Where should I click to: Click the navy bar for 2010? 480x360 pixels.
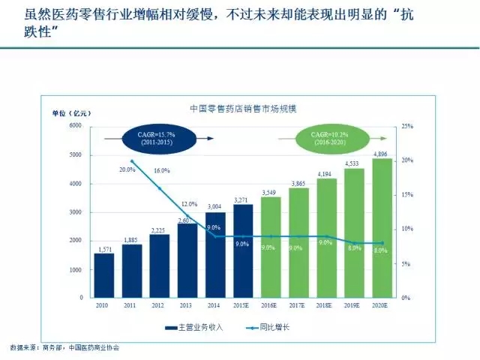click(103, 275)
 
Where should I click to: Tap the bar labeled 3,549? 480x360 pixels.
click(271, 247)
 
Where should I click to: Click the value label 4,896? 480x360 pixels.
click(382, 152)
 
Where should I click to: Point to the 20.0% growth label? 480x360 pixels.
click(127, 169)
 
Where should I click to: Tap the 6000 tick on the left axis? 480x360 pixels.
click(75, 126)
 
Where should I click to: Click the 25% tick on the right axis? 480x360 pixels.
click(408, 126)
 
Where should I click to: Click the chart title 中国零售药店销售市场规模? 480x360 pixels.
click(243, 108)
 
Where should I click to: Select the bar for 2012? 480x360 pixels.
click(159, 266)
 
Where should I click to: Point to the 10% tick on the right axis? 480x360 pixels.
click(408, 229)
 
